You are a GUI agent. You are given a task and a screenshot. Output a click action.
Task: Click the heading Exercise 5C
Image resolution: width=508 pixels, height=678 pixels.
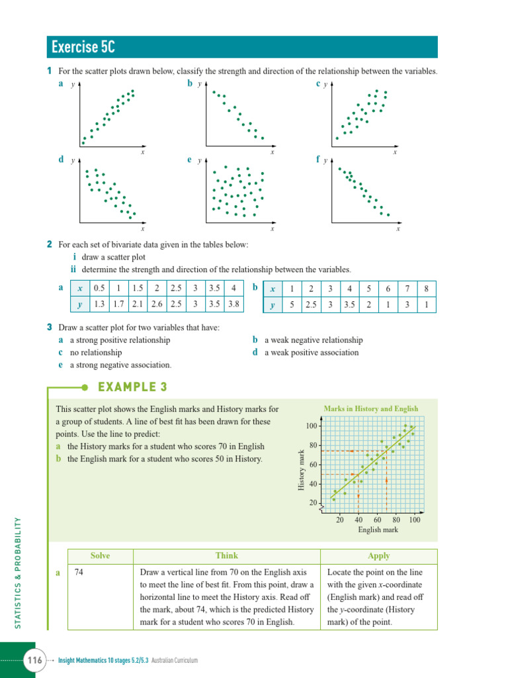(81, 48)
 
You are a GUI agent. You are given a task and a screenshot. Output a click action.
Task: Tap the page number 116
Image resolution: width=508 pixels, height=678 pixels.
(34, 660)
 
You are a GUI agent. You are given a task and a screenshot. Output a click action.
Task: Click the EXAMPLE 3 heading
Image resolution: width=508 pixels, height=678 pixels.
(132, 387)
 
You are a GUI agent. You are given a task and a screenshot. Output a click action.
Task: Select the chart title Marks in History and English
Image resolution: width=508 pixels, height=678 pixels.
(370, 409)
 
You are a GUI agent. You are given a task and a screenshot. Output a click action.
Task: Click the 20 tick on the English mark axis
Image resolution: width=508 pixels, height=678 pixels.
(339, 520)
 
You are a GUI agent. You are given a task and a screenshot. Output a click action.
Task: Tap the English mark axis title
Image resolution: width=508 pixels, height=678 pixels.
(378, 530)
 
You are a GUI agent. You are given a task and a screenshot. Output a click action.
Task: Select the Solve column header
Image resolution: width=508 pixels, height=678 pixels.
(100, 556)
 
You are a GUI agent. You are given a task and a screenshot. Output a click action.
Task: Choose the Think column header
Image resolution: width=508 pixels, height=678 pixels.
(226, 556)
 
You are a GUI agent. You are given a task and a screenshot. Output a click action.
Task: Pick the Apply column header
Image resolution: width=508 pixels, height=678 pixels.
(378, 556)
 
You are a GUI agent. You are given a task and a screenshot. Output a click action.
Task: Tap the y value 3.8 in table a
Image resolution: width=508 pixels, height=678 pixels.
(234, 305)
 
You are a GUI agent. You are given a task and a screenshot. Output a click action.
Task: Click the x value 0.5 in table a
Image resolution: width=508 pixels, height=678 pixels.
(100, 288)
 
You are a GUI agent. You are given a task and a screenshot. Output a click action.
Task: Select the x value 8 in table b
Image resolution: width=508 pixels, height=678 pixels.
(427, 289)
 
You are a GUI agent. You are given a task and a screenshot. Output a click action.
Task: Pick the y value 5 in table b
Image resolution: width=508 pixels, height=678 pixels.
(291, 305)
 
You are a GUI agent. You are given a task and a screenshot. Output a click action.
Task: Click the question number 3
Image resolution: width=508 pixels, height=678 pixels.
(50, 327)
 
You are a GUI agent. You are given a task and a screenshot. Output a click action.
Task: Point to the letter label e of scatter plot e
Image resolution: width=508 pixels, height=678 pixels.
(190, 160)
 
